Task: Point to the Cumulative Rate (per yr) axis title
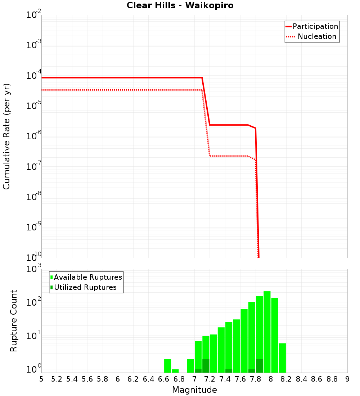point(6,136)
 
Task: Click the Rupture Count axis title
point(14,321)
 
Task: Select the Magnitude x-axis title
point(194,390)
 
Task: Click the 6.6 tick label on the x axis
point(164,379)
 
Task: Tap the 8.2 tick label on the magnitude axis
point(286,379)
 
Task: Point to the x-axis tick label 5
point(41,379)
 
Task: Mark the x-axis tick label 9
point(347,379)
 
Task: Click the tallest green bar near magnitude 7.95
point(267,331)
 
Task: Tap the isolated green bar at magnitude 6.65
point(167,366)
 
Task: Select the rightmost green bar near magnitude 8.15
point(282,358)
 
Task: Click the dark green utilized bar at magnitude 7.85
point(259,366)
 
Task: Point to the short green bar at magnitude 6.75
point(175,371)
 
